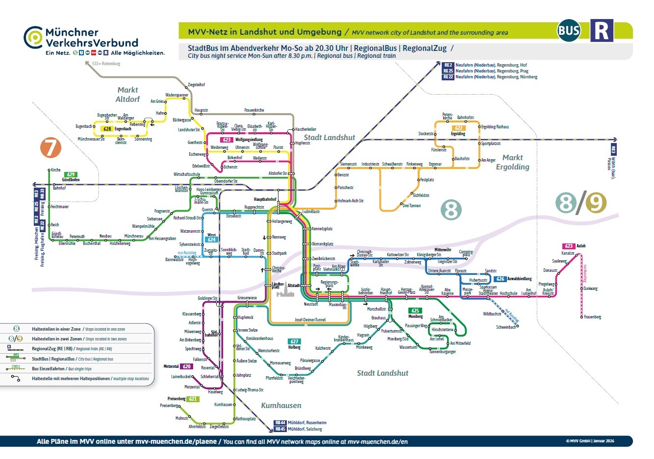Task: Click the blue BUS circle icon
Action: point(569,31)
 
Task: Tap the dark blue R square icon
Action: point(602,31)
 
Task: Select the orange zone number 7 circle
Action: point(50,147)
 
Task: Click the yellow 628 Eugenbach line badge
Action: point(107,129)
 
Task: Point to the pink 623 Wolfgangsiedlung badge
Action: point(226,140)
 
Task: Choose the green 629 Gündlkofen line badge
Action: point(71,174)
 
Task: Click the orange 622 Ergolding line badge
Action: point(458,128)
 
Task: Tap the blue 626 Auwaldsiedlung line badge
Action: point(500,279)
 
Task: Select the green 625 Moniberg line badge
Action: point(415,311)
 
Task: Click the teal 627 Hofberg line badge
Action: point(294,341)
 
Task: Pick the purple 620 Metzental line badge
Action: point(187,366)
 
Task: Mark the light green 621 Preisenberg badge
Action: point(193,399)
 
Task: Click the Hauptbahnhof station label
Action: point(265,199)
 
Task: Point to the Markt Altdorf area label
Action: point(127,95)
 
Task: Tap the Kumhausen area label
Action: point(281,406)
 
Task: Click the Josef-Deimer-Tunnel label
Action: point(310,319)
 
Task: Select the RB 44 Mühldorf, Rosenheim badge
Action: point(280,422)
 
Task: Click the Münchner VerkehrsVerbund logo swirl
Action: point(33,38)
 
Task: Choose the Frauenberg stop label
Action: point(592,317)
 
